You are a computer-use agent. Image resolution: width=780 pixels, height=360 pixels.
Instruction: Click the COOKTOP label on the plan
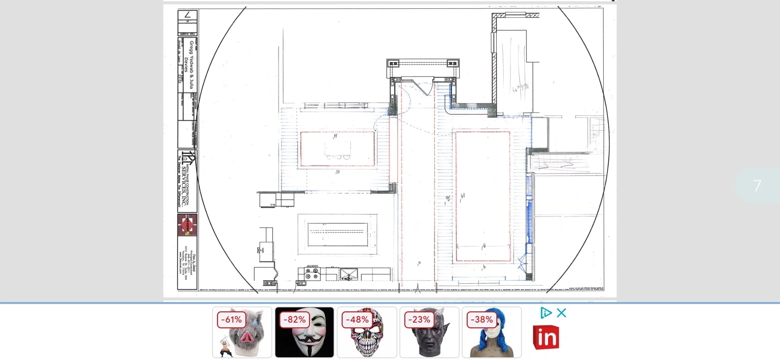point(312,266)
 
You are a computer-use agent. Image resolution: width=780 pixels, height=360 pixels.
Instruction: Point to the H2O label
point(263,250)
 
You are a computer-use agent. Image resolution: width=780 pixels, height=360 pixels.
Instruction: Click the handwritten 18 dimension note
point(483,246)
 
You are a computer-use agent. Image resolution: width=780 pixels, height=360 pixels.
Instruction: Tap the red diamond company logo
point(187,225)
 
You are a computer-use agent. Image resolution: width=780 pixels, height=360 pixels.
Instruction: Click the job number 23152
point(180,79)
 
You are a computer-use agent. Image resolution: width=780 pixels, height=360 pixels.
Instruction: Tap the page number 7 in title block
point(188,15)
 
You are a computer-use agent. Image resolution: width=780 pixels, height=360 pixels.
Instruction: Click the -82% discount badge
point(295,320)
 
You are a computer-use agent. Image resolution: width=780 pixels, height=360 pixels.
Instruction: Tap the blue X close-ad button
point(562,313)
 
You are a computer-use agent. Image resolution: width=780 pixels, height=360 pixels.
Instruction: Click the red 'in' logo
point(546,337)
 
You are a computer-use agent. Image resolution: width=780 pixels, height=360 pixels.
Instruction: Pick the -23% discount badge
point(419,320)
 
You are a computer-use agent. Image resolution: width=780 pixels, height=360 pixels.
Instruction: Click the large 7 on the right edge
point(757,186)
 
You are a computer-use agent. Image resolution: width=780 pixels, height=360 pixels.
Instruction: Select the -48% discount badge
point(357,320)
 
